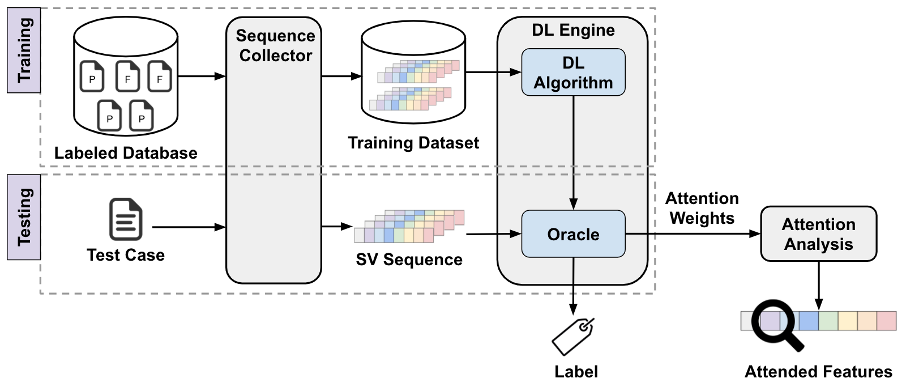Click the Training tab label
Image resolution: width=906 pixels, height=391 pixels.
coord(24,50)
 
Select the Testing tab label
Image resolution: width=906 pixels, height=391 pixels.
coord(24,217)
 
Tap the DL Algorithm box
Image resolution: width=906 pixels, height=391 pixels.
coord(573,73)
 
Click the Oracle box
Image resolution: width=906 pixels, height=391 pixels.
coord(573,234)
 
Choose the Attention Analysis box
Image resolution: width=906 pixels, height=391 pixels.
coord(818,234)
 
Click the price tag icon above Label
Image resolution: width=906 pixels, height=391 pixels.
coord(573,337)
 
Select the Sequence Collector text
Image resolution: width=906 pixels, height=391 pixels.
coord(275,45)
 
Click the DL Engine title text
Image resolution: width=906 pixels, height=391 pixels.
coord(573,30)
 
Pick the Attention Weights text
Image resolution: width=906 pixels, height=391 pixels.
coord(702,208)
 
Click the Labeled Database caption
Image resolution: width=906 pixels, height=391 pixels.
coord(126,153)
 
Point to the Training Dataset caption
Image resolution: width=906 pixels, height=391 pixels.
coord(413,143)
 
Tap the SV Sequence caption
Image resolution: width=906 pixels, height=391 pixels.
coord(409,260)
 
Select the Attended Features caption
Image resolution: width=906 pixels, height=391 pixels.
coord(818,372)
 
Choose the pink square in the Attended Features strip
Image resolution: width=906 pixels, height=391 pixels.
coord(886,321)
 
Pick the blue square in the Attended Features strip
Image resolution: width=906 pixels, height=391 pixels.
coord(809,321)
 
